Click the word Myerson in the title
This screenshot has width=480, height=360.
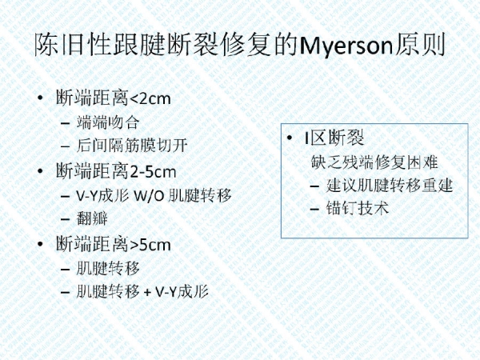point(346,46)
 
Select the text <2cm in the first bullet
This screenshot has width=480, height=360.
point(150,98)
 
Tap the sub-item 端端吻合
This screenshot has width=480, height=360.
point(108,122)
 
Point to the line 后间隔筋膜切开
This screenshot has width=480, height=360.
point(132,145)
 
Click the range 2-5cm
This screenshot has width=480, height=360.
point(153,172)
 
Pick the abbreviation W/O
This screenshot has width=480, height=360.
point(150,195)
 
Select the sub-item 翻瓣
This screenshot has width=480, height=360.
point(92,218)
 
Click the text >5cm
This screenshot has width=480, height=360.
point(150,245)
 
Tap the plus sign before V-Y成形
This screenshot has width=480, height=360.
point(147,292)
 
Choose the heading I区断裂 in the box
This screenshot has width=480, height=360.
point(334,138)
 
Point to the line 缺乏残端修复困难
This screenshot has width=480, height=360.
point(374,162)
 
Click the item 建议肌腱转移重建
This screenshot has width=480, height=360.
point(389,185)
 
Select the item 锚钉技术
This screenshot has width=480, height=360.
point(358,208)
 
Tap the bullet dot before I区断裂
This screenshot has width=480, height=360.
point(290,138)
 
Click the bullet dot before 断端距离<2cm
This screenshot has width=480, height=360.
point(41,98)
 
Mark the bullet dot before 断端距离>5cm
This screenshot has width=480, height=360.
point(41,244)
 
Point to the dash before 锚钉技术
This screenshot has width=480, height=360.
point(314,210)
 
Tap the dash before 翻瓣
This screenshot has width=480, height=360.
point(66,219)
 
